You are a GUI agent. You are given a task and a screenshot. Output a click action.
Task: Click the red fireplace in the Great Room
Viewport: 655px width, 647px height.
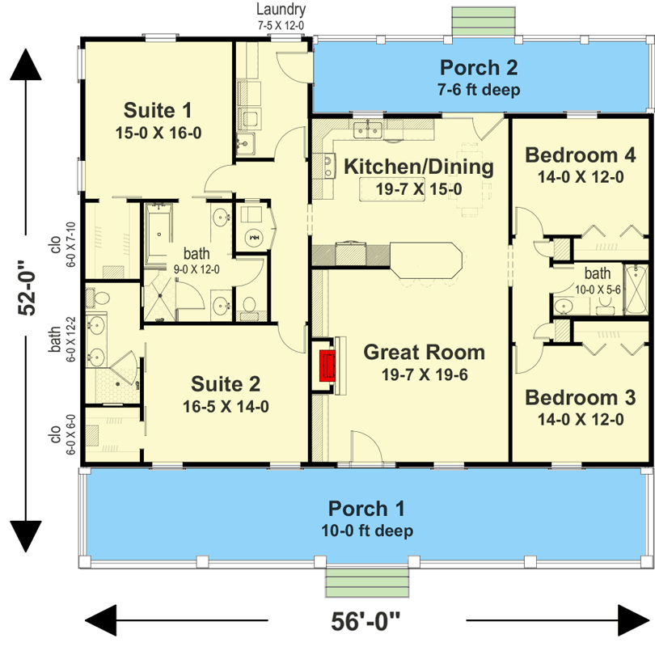point(327,366)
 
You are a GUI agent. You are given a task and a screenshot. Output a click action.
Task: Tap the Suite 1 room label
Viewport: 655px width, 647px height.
point(158,110)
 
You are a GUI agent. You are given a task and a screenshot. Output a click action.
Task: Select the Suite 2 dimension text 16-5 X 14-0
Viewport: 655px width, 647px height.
point(226,407)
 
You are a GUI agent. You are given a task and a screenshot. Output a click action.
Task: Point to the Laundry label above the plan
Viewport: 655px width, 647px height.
point(281,9)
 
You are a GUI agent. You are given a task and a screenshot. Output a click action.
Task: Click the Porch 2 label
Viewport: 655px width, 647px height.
point(479,68)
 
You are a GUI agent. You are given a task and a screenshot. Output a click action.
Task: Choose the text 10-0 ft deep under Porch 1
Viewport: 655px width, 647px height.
point(367,531)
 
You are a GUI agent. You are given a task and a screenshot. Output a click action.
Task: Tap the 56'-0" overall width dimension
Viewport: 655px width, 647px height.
point(366,621)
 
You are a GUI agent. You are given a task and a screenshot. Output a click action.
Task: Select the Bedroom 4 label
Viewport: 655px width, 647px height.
point(581,155)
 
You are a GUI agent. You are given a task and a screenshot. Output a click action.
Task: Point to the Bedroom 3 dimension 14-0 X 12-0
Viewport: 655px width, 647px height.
point(581,420)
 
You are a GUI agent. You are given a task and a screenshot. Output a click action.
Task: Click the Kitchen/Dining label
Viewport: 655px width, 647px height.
point(419,167)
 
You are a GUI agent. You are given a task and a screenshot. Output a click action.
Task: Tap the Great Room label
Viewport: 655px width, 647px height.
point(424,353)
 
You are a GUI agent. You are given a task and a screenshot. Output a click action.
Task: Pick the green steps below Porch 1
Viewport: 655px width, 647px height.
point(367,582)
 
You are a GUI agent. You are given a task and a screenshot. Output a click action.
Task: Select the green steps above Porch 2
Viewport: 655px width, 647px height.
point(484,21)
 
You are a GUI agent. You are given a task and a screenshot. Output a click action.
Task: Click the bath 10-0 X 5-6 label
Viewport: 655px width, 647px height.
point(598,281)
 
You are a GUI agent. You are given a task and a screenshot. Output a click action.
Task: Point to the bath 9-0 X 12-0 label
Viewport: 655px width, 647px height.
point(196,260)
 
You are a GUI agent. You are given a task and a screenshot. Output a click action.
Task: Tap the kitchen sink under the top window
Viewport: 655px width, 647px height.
point(368,130)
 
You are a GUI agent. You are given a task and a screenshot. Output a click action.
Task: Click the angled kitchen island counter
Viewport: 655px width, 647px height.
point(426,260)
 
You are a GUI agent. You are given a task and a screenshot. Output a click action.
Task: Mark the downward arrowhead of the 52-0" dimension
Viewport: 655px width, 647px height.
point(26,537)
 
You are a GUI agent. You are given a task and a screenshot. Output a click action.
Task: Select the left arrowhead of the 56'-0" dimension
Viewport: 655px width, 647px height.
point(100,620)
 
